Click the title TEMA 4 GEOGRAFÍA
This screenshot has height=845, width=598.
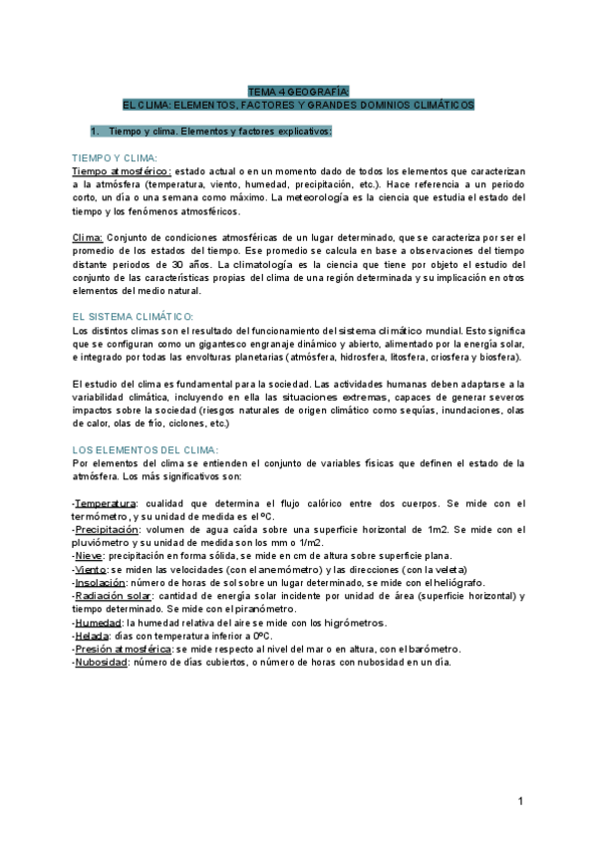coord(298,90)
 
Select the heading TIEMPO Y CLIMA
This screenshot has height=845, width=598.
coord(113,158)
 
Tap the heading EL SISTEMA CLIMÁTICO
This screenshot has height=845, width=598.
coord(133,316)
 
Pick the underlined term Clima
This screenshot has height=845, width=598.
coord(88,239)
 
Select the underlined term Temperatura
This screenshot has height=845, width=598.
coord(106,503)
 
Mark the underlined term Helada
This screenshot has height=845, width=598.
coord(92,635)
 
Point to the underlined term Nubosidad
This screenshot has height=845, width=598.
coord(101,661)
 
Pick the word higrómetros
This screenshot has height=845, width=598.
coord(357,622)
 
